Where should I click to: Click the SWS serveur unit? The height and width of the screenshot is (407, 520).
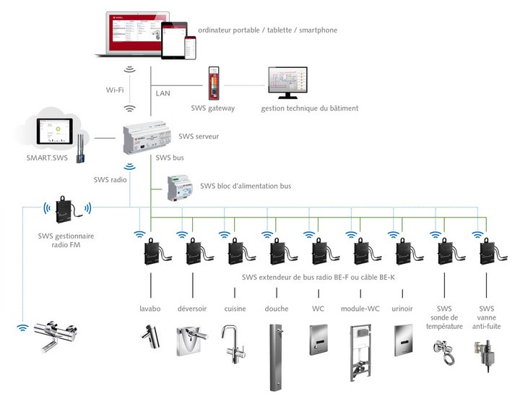[x=148, y=138]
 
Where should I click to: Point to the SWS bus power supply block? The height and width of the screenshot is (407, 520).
[x=180, y=189]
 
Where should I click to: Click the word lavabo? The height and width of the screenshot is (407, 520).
[x=150, y=309]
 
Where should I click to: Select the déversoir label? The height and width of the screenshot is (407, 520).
[x=192, y=309]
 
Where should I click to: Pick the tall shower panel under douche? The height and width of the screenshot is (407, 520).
[x=277, y=357]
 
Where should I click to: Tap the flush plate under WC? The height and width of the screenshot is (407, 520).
[x=319, y=339]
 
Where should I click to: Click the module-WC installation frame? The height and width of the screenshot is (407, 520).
[x=360, y=352]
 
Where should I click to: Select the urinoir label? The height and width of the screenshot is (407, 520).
[x=402, y=309]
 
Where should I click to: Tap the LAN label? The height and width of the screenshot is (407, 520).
[x=162, y=93]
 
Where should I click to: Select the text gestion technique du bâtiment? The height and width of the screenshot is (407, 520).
[x=310, y=108]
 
